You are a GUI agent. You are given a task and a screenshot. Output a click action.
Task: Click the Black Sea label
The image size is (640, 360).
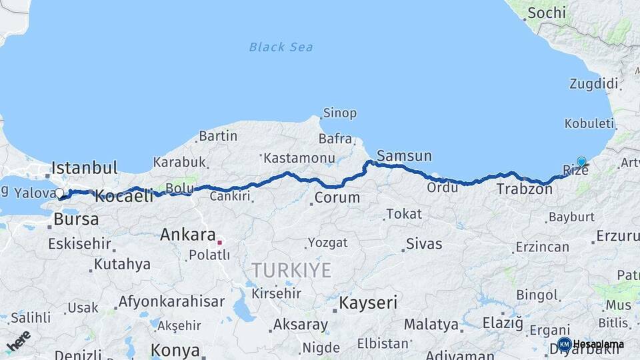(281, 47)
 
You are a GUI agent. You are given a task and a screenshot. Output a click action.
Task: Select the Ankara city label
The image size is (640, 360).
(187, 235)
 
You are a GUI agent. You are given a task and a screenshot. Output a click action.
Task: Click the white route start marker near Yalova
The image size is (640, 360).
(59, 193)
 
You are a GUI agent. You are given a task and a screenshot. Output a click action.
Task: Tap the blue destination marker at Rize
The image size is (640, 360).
(581, 161)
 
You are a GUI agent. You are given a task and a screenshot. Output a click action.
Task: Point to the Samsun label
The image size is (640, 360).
(404, 156)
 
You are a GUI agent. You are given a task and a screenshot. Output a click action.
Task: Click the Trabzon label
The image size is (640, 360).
(524, 189)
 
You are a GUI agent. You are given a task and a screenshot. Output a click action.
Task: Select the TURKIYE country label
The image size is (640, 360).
(291, 270)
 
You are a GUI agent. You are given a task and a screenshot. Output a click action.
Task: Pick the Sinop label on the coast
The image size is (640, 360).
(339, 113)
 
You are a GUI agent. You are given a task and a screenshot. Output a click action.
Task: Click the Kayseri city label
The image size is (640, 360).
(368, 303)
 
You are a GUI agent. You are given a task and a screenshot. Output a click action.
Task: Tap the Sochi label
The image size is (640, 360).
(546, 13)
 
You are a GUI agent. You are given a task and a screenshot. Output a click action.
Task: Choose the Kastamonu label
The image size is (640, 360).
(298, 158)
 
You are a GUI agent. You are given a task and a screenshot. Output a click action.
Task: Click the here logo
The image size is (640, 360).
(18, 340)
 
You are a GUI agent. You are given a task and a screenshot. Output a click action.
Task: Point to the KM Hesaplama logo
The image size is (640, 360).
(591, 344)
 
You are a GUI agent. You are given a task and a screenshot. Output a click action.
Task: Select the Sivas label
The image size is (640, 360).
(424, 243)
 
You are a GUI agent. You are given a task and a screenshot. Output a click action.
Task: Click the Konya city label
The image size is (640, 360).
(175, 349)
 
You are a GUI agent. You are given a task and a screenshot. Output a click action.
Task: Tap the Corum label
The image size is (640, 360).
(337, 197)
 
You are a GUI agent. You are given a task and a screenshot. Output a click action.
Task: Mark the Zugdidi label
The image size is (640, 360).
(593, 84)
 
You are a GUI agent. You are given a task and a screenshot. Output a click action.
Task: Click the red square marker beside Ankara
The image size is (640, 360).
(219, 242)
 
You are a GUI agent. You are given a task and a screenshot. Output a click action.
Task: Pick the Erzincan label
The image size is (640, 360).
(542, 247)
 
